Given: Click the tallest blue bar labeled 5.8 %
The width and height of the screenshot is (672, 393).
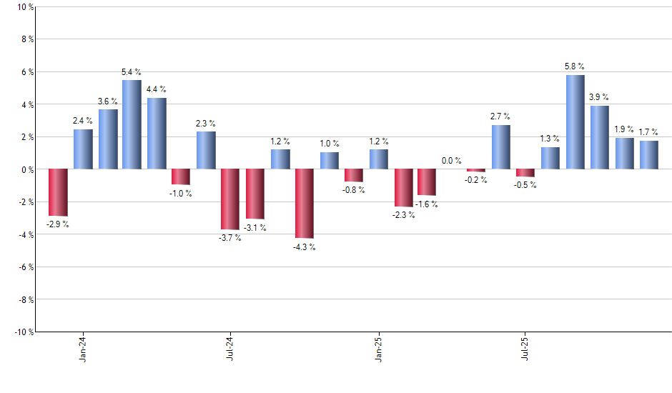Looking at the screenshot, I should point(575,122).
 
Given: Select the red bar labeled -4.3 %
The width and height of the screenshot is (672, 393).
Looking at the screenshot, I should point(304,204).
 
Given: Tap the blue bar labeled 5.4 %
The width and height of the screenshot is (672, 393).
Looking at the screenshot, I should point(132,125).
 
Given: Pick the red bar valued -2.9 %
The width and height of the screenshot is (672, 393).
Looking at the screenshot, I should point(58,192).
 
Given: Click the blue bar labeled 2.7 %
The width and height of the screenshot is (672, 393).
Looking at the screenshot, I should point(501,147).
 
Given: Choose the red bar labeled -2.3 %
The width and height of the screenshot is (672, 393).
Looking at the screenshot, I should point(403,188).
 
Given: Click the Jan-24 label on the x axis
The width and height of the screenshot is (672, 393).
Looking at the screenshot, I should point(83,348).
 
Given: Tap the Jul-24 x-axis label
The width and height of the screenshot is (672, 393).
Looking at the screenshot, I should point(230,348).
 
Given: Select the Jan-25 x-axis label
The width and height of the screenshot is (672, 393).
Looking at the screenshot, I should point(378,348).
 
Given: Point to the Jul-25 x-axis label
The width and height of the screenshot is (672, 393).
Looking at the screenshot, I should point(525,348).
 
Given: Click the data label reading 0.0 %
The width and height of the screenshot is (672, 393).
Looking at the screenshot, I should point(452,161).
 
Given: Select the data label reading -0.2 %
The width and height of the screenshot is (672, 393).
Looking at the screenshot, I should point(476,180).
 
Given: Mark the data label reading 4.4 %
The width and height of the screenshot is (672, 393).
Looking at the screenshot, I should point(157,89).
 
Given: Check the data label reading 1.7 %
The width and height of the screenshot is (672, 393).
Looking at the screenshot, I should point(649,132).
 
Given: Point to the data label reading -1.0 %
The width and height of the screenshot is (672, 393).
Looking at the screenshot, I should point(181,194).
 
